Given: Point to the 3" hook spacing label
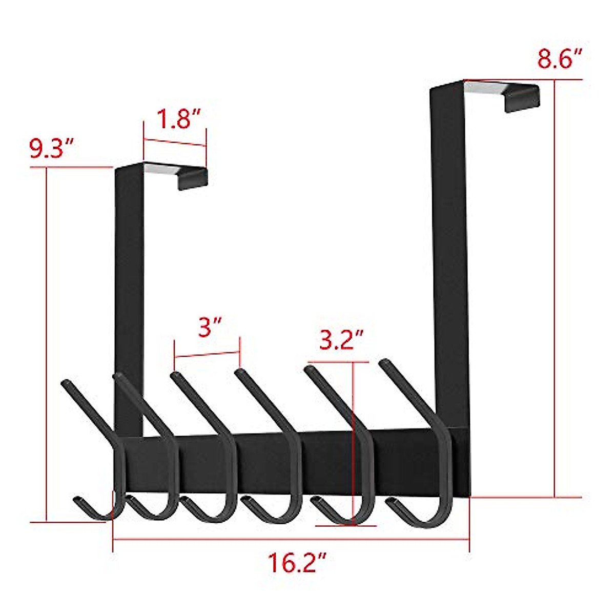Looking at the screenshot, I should (x=209, y=326).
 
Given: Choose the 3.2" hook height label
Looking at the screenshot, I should (x=341, y=340).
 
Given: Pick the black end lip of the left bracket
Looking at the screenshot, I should (x=193, y=179).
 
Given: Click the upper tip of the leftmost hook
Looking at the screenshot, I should (x=66, y=382).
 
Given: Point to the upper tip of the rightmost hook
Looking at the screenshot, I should (x=384, y=363).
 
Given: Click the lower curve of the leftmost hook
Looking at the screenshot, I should (x=102, y=514).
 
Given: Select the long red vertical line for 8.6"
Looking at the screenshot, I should (x=555, y=287).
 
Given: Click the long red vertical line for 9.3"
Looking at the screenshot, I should (x=47, y=343).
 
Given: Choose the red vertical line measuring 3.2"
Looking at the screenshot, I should (x=353, y=441).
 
